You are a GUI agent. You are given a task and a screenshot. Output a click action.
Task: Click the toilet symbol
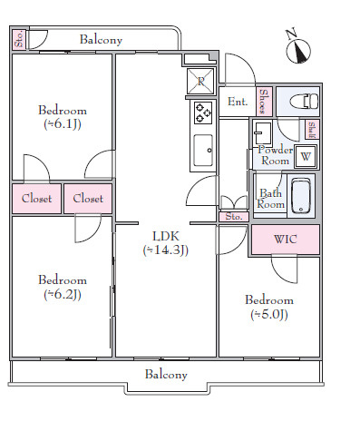pos(304,101)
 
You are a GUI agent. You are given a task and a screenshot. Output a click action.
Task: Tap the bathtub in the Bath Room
pos(301,196)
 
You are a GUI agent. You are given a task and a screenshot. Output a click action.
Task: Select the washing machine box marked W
pos(306,156)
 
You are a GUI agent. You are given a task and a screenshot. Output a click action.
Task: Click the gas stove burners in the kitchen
pos(203,113)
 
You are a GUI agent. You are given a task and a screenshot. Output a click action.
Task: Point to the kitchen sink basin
pos(203,151)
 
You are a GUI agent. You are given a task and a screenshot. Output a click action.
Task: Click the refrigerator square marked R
pos(200,81)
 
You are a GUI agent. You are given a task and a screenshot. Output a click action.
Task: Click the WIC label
pos(286,239)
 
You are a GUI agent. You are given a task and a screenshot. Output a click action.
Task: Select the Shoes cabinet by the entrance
pos(265,102)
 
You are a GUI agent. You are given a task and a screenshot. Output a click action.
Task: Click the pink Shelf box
pos(312,130)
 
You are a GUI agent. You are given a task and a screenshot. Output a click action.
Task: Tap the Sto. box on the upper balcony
pos(19,39)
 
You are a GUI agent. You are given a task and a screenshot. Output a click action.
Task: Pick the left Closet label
pos(36,199)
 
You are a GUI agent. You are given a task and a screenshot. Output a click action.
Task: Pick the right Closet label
pos(88,199)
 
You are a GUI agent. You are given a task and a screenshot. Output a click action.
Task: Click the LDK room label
pos(166,236)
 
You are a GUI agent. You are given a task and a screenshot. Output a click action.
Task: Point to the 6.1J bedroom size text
pos(63,124)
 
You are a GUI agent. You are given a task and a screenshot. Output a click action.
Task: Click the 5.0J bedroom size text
pos(269,314)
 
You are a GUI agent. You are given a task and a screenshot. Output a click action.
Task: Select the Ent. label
pos(238,102)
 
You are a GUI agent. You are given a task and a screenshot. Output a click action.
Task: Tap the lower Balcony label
pos(166,375)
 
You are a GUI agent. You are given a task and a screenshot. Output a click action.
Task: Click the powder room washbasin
pos(262,133)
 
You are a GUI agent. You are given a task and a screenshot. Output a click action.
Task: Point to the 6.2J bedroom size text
pos(63,294)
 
